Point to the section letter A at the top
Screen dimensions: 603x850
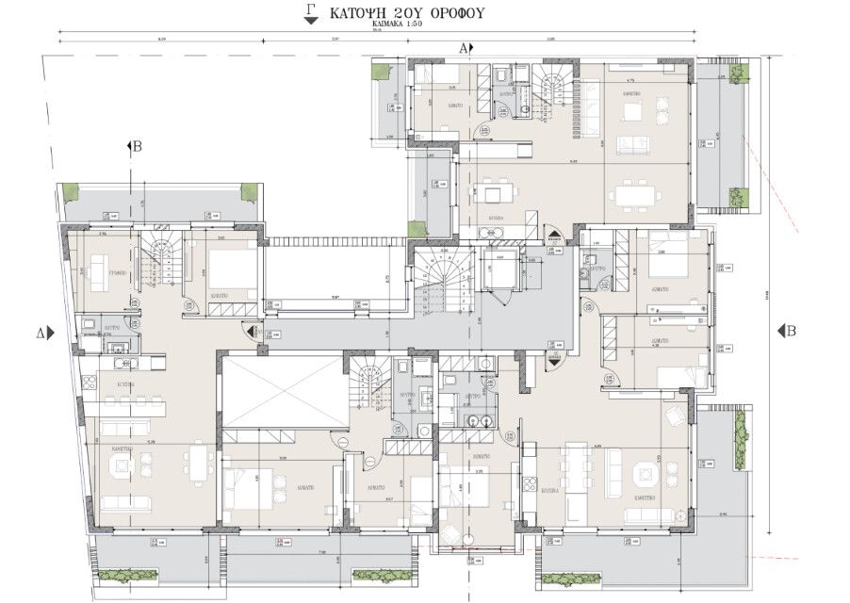pos(463,47)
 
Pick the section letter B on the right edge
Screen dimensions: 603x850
pos(793,331)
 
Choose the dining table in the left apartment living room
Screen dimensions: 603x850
pos(199,460)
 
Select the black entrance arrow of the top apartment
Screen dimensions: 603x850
pos(557,235)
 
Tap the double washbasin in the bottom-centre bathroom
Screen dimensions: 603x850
pos(477,421)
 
